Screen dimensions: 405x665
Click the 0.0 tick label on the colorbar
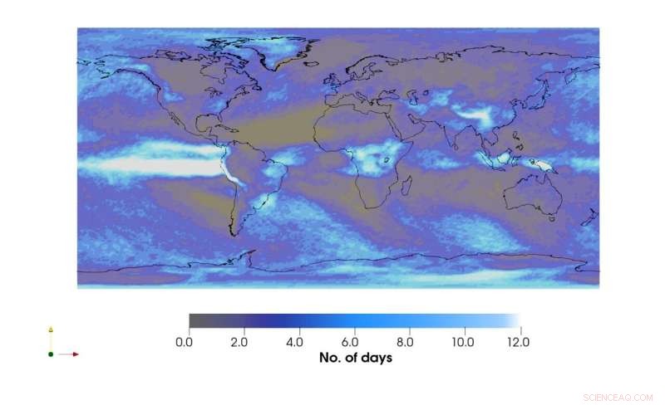(x=189, y=342)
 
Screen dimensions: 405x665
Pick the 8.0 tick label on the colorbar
(x=406, y=342)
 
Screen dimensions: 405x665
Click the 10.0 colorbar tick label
(x=462, y=342)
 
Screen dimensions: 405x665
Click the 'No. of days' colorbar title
(x=356, y=359)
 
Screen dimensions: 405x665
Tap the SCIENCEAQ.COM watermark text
(x=618, y=398)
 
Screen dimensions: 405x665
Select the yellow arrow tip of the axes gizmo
(x=51, y=330)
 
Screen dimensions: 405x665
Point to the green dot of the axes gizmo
(x=51, y=354)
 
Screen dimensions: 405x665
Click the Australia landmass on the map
(x=531, y=196)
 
